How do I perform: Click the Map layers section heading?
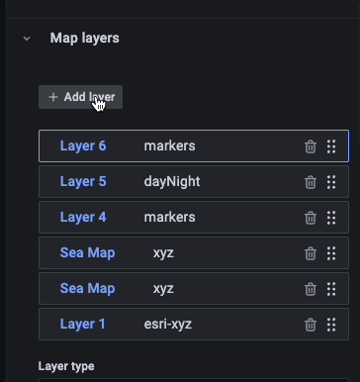click(x=84, y=39)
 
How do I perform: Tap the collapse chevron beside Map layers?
click(x=27, y=39)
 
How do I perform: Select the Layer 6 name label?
click(x=83, y=146)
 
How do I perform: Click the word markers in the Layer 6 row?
click(x=169, y=146)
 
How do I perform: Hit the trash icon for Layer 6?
click(x=311, y=146)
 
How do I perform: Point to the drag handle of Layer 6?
click(x=331, y=146)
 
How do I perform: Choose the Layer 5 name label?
click(x=83, y=182)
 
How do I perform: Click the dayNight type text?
click(x=173, y=182)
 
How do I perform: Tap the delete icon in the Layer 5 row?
click(x=311, y=182)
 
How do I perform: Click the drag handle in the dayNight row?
click(x=331, y=182)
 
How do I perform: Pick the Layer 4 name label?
click(x=83, y=218)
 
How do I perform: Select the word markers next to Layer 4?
click(x=169, y=218)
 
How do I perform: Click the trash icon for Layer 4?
click(x=311, y=218)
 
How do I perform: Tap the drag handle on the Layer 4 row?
click(x=331, y=218)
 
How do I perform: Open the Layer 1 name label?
click(x=83, y=324)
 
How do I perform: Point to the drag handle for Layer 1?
click(x=331, y=324)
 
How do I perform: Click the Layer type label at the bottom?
click(x=66, y=366)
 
